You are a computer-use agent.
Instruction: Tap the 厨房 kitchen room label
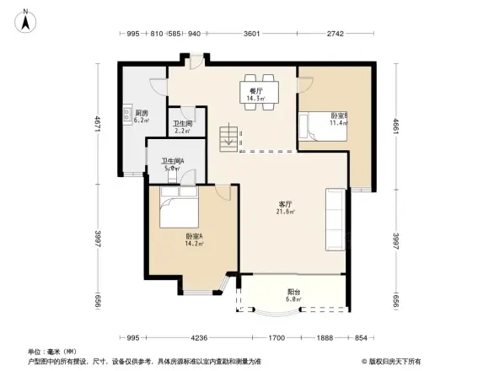[142, 112]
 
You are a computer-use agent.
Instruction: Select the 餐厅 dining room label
[255, 90]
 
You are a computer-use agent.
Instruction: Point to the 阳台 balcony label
[292, 291]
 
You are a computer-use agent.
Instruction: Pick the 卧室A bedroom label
[193, 238]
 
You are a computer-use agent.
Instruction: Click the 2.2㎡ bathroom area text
[182, 131]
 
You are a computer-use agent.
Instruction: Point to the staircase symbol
[228, 138]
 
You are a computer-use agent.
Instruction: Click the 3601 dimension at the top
[251, 34]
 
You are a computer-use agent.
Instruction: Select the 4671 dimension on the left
[99, 123]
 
